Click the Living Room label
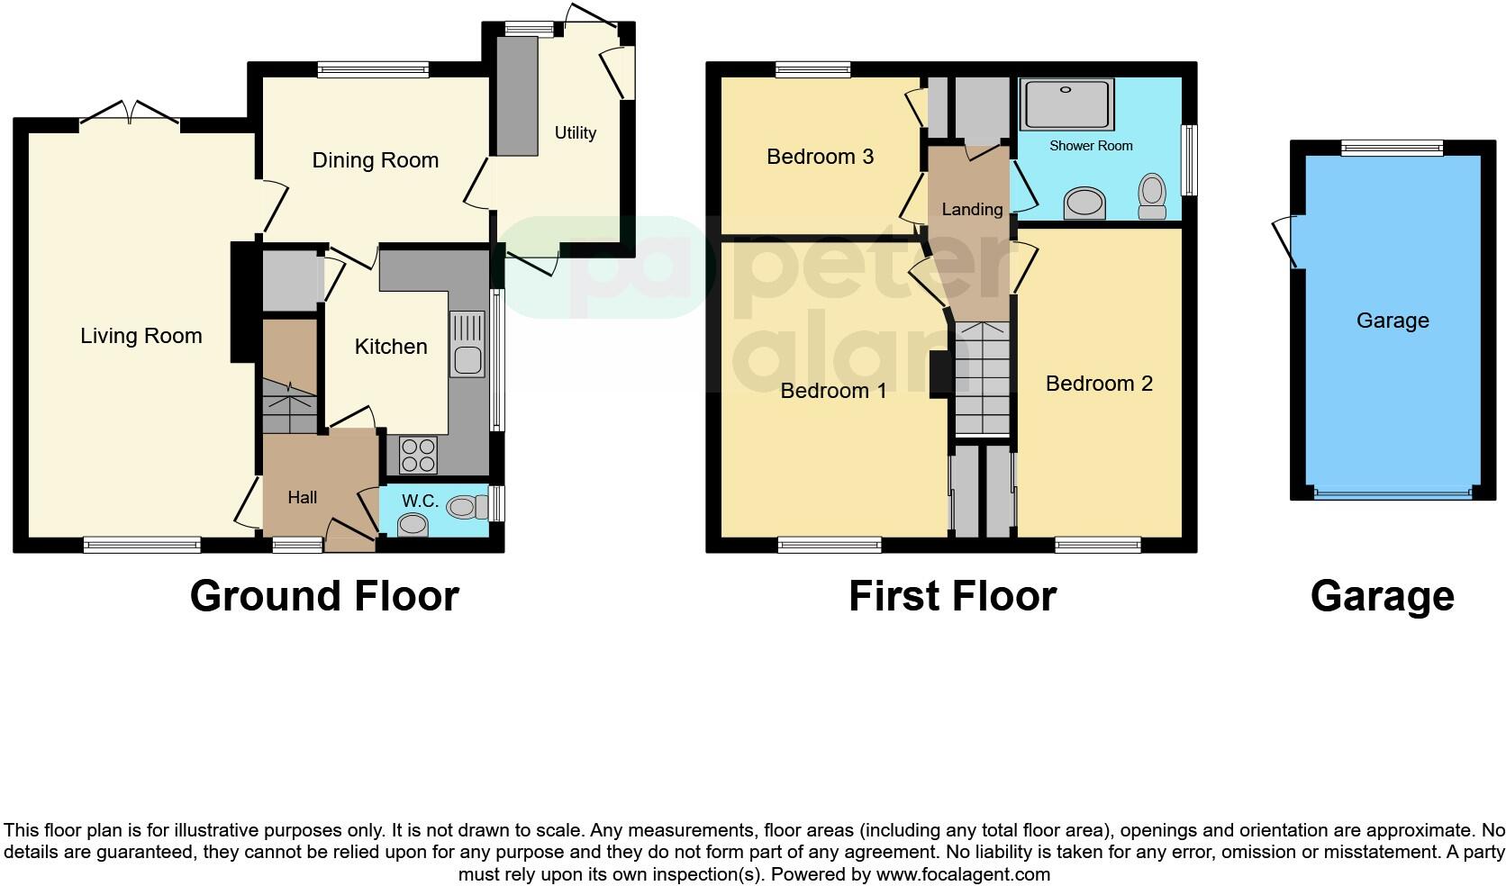point(141,336)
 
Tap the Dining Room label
point(375,160)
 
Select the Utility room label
point(575,132)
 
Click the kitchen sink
point(467,346)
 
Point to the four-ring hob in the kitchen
point(418,454)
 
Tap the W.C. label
point(420,501)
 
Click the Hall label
point(303,497)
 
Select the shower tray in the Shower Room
point(1067,104)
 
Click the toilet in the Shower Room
point(1152,195)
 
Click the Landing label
point(972,209)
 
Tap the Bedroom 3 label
point(820,157)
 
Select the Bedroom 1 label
point(833,390)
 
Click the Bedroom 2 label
point(1099,384)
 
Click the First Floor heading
point(952,596)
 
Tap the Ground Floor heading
point(324,596)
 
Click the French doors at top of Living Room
point(131,114)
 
